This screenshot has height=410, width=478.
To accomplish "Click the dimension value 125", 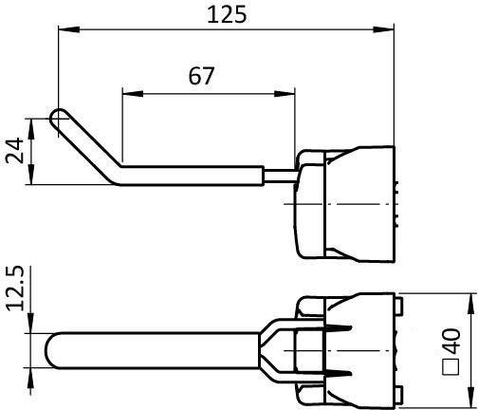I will tap(226, 14).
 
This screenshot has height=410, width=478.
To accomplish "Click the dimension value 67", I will tap(200, 77).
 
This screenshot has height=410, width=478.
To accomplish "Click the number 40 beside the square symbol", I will tap(453, 340).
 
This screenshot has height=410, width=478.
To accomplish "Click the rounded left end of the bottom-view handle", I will tap(53, 350).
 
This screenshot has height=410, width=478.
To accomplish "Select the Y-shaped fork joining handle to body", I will tap(277, 350).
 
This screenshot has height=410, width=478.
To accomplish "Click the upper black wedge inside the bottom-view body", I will tap(341, 328).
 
